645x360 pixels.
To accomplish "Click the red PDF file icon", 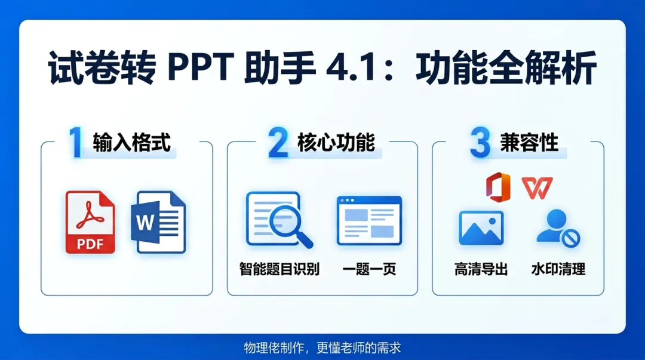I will pyautogui.click(x=90, y=222).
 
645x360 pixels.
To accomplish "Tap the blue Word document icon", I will pyautogui.click(x=158, y=222).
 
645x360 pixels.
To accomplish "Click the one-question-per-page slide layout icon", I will pyautogui.click(x=369, y=220).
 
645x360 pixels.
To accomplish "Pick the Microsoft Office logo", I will pyautogui.click(x=498, y=187).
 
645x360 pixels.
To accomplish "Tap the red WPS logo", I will pyautogui.click(x=537, y=187).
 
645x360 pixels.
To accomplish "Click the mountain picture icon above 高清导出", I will pyautogui.click(x=481, y=228).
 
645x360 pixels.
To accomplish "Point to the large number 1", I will pyautogui.click(x=75, y=143).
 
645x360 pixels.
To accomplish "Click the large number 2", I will pyautogui.click(x=278, y=143).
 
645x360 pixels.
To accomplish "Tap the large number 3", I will pyautogui.click(x=480, y=143).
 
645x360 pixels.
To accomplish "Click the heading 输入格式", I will pyautogui.click(x=131, y=143).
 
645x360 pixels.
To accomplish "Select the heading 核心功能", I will pyautogui.click(x=336, y=143).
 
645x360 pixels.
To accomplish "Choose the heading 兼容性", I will pyautogui.click(x=529, y=143).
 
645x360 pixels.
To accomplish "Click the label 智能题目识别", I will pyautogui.click(x=279, y=269).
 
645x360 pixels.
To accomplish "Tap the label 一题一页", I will pyautogui.click(x=369, y=269).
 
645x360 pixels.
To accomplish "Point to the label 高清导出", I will pyautogui.click(x=481, y=269).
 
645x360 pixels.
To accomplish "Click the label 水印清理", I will pyautogui.click(x=558, y=269).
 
